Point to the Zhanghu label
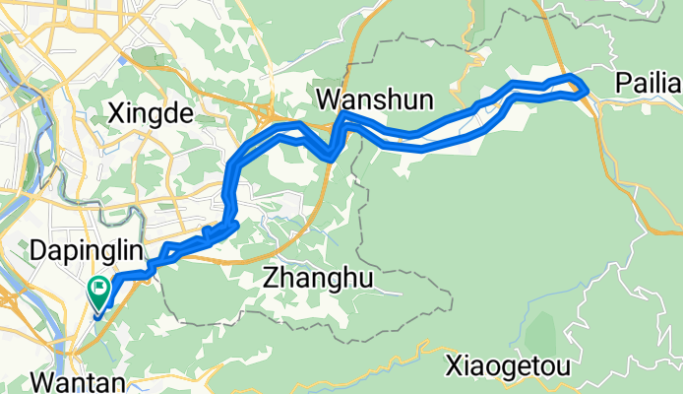tap(319, 280)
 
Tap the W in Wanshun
tap(329, 98)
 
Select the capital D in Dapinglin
tap(38, 250)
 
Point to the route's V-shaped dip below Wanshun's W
tap(333, 151)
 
